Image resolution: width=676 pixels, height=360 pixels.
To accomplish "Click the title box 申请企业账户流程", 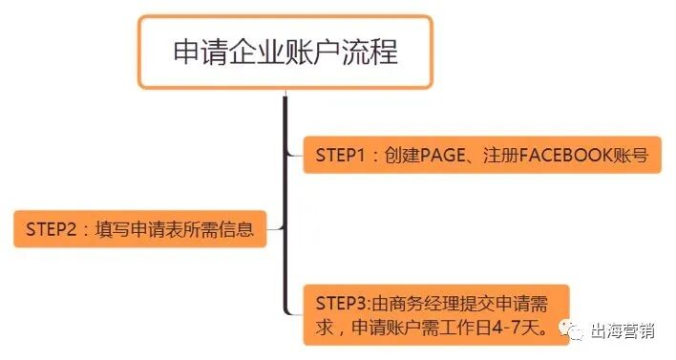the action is pyautogui.click(x=285, y=53).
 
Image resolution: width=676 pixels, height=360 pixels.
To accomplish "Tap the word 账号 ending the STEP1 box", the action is pyautogui.click(x=634, y=154).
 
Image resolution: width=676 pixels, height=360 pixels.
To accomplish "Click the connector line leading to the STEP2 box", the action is pyautogui.click(x=275, y=229).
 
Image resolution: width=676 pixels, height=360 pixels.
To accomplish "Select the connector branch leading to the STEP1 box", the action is pyautogui.click(x=294, y=154).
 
